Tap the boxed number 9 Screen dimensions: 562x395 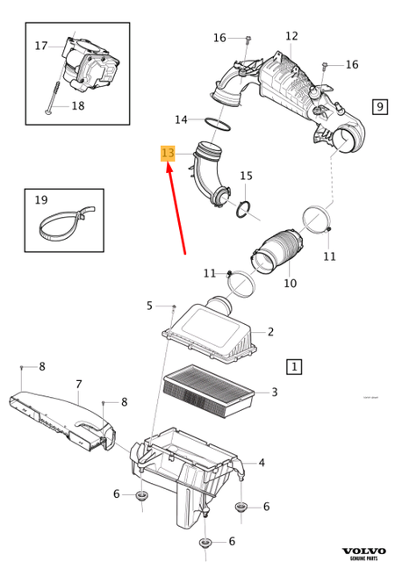[380, 106]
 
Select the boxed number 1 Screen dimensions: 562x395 [294, 365]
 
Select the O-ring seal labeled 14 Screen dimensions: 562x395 [219, 124]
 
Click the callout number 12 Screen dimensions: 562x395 [291, 36]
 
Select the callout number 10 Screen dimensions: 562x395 [290, 283]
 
